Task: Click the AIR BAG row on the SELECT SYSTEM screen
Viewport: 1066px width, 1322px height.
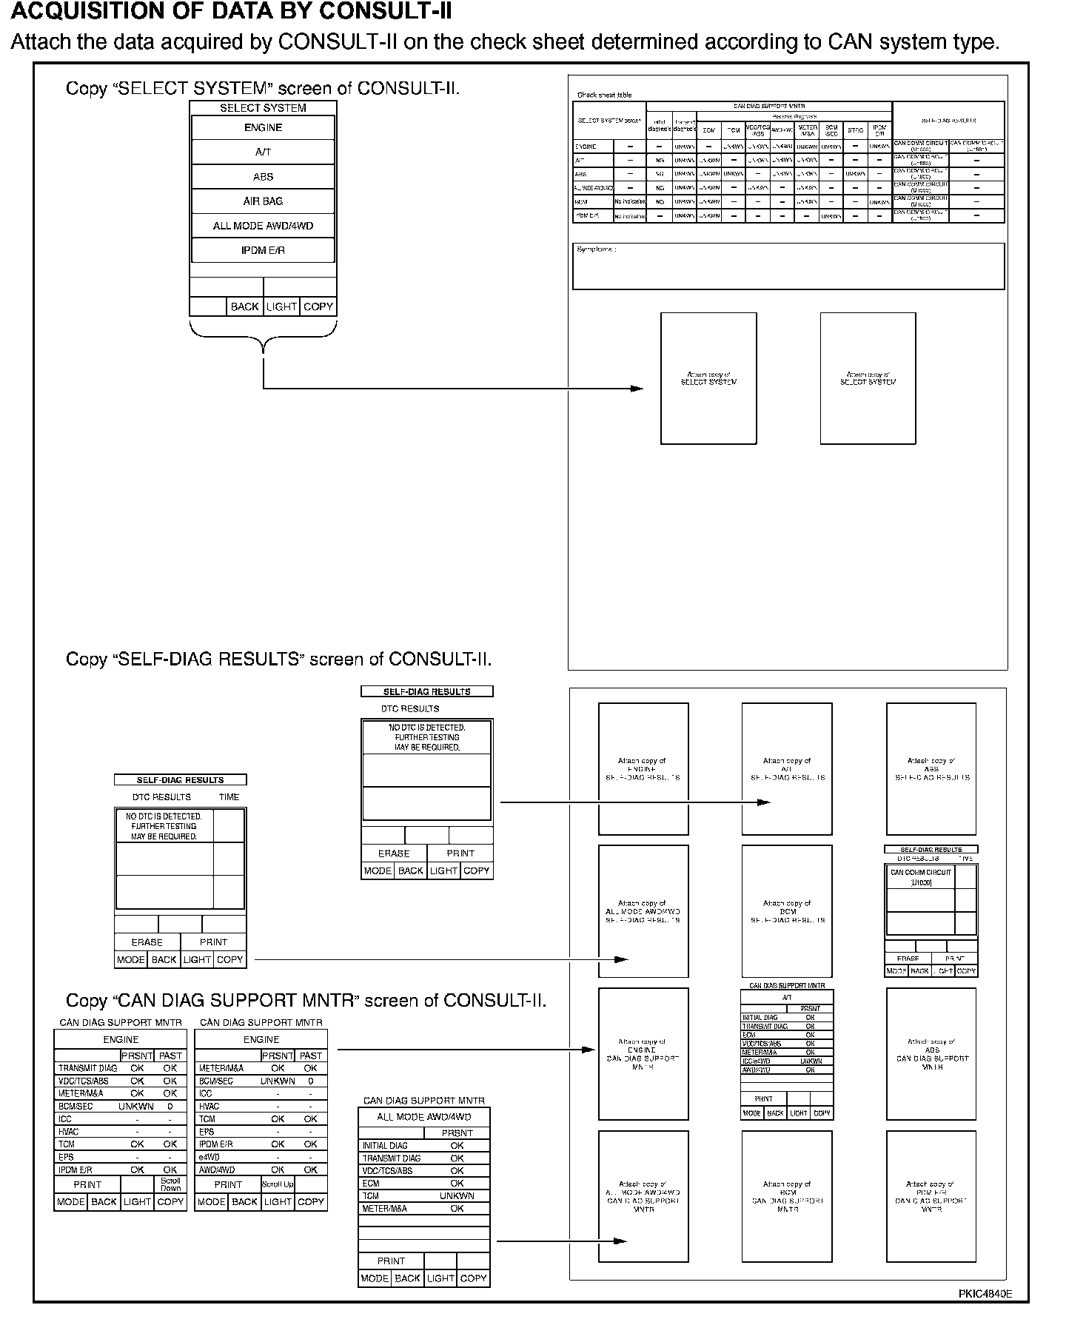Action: [263, 201]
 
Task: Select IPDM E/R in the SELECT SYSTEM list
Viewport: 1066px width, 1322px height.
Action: [263, 250]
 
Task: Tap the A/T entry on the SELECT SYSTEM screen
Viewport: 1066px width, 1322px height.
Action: [263, 152]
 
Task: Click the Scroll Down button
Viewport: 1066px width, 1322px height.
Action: [170, 1184]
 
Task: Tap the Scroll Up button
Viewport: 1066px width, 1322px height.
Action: [278, 1184]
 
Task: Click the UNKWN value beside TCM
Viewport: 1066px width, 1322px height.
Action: [457, 1195]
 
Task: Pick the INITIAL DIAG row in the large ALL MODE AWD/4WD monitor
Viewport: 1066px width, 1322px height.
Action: [385, 1146]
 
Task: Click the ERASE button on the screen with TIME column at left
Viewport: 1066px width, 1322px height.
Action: [147, 942]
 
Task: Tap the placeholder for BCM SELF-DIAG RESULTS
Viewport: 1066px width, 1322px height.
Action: [787, 911]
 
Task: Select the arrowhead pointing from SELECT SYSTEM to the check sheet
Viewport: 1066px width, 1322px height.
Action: [637, 389]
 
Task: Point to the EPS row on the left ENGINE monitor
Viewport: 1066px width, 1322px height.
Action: [67, 1157]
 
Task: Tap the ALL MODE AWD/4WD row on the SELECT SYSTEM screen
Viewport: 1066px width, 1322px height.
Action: [263, 226]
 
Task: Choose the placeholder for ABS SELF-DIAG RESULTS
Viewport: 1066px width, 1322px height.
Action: [931, 769]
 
